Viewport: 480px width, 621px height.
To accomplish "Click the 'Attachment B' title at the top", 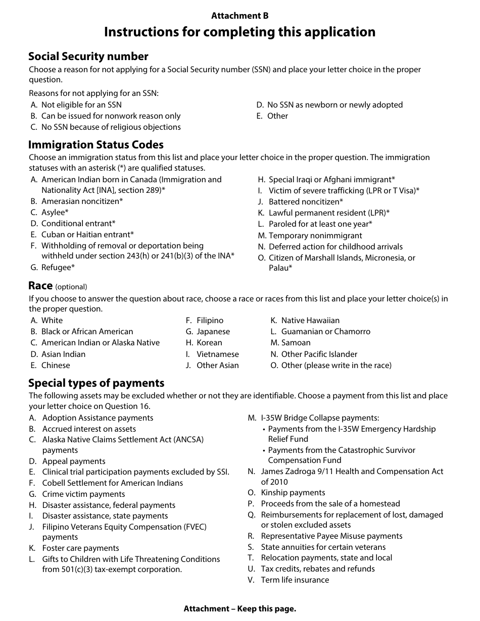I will tap(239, 16).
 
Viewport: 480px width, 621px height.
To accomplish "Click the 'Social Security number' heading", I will tap(88, 56).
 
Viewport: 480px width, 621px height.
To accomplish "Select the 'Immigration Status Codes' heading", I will tap(96, 144).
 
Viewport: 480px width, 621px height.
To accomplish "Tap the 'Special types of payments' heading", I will tap(96, 383).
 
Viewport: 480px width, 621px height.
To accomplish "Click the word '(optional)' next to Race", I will tap(71, 287).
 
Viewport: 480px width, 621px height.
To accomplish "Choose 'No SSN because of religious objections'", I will tap(111, 127).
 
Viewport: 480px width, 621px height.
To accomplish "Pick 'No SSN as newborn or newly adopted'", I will tap(334, 105).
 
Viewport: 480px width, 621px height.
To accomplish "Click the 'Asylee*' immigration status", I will tap(55, 213).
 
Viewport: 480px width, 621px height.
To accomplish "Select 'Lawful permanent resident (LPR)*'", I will tap(329, 213).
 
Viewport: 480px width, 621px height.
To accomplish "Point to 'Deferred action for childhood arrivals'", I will tap(335, 247).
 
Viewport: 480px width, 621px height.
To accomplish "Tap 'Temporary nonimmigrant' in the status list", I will tap(315, 236).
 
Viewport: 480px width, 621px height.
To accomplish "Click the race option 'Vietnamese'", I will tap(217, 354).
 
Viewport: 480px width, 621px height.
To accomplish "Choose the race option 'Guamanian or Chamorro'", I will tap(325, 332).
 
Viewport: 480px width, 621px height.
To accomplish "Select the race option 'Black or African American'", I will tap(87, 332).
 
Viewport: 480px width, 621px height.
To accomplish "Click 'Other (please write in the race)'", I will tap(336, 366).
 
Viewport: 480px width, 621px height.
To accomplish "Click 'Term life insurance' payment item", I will tap(295, 580).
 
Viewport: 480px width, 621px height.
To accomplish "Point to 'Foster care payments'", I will tap(81, 548).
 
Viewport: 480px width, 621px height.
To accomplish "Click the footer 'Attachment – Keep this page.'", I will tap(239, 609).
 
